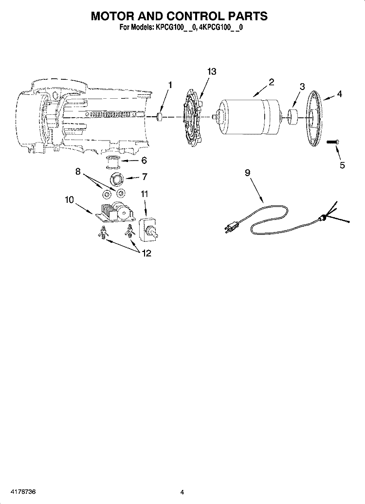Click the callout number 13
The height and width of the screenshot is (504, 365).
coord(212,72)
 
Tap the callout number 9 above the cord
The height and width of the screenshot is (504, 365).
coord(247,173)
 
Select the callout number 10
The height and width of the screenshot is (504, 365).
coord(69,199)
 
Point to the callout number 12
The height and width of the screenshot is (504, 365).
coord(146,253)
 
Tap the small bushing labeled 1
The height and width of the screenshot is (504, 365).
coord(160,117)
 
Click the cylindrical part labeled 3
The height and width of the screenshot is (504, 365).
coord(292,117)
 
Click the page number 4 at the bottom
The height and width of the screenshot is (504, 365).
coord(182,492)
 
